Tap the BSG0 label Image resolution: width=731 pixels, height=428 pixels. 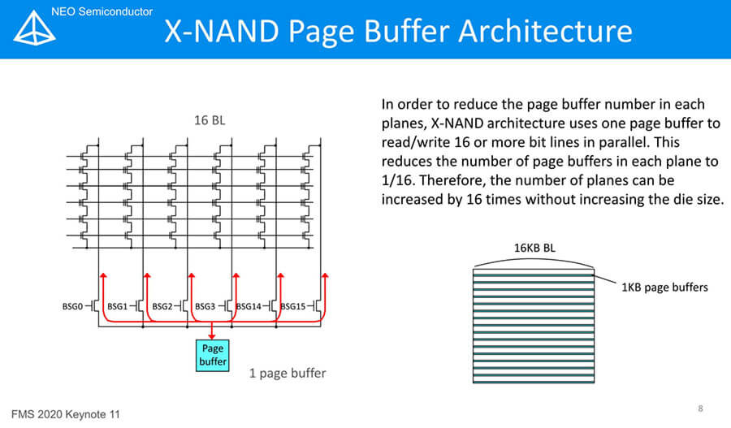73,307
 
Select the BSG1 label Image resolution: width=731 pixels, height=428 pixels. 118,307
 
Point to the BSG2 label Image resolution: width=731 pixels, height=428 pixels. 162,307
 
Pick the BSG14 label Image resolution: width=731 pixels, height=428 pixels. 249,307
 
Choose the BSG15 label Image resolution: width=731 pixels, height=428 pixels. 292,307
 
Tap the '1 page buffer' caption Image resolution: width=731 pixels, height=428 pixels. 288,374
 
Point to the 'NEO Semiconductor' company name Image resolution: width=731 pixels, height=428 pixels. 102,11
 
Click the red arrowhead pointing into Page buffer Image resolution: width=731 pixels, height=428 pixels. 213,334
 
